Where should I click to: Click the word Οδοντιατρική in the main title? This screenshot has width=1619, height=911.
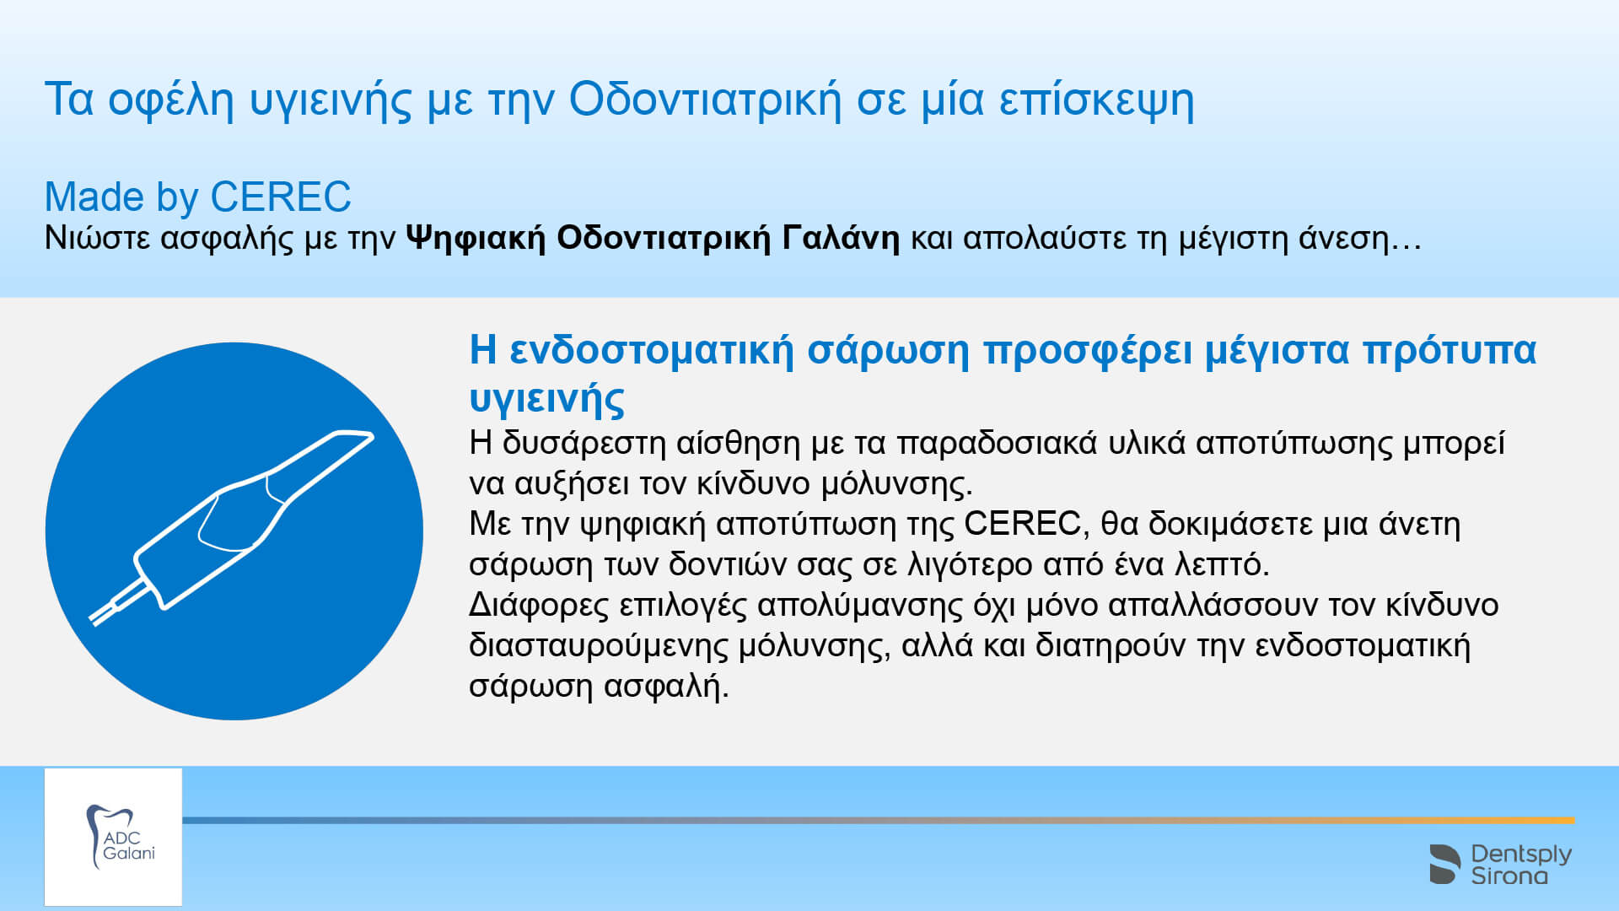705,100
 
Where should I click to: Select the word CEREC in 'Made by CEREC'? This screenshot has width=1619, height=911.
280,197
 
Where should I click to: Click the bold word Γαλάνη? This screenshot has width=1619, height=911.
841,238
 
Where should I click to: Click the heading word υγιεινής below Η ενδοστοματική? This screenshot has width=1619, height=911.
546,398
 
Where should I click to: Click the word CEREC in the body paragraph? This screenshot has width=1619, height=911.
1022,524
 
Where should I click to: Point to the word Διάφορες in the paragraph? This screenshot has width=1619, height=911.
538,605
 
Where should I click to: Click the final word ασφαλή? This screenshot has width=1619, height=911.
667,687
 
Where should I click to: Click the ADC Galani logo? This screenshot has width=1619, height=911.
113,837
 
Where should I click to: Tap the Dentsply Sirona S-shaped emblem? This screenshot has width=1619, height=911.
1444,864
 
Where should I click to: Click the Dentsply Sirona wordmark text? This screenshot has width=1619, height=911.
1521,865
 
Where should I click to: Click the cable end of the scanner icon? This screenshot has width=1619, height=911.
94,620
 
